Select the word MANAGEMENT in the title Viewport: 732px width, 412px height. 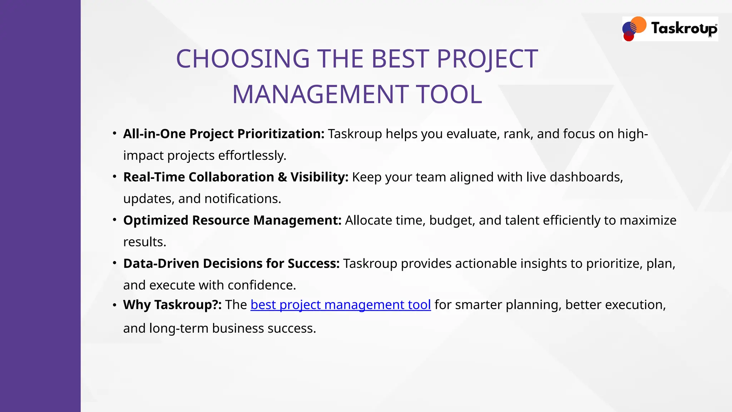coord(320,95)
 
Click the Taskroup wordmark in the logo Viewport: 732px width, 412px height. coord(684,28)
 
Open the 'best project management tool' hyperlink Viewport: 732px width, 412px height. coord(340,305)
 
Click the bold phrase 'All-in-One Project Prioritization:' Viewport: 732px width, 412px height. coord(224,134)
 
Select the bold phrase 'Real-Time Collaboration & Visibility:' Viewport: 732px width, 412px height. coord(236,177)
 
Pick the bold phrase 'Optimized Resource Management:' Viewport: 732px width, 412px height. coord(232,220)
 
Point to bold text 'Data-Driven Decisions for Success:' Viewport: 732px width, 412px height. coord(231,264)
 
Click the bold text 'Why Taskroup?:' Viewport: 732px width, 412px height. coord(172,305)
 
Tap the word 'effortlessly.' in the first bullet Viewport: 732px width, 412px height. coord(252,156)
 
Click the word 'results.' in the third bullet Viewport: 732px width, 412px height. coord(145,242)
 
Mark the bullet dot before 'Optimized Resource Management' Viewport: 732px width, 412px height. coord(114,219)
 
